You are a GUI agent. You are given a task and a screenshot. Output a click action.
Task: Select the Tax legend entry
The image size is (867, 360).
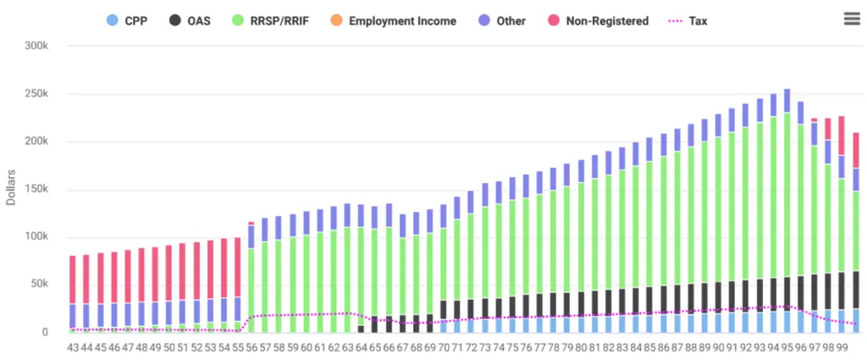point(687,20)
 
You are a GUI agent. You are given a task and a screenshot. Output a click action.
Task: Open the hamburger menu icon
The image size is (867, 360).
point(852,19)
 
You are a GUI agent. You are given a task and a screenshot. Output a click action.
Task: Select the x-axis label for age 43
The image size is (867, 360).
point(72,347)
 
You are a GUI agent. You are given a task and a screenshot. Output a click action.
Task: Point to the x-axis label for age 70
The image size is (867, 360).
point(444,347)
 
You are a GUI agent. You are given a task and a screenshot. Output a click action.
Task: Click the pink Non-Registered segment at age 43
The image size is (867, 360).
point(72,280)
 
